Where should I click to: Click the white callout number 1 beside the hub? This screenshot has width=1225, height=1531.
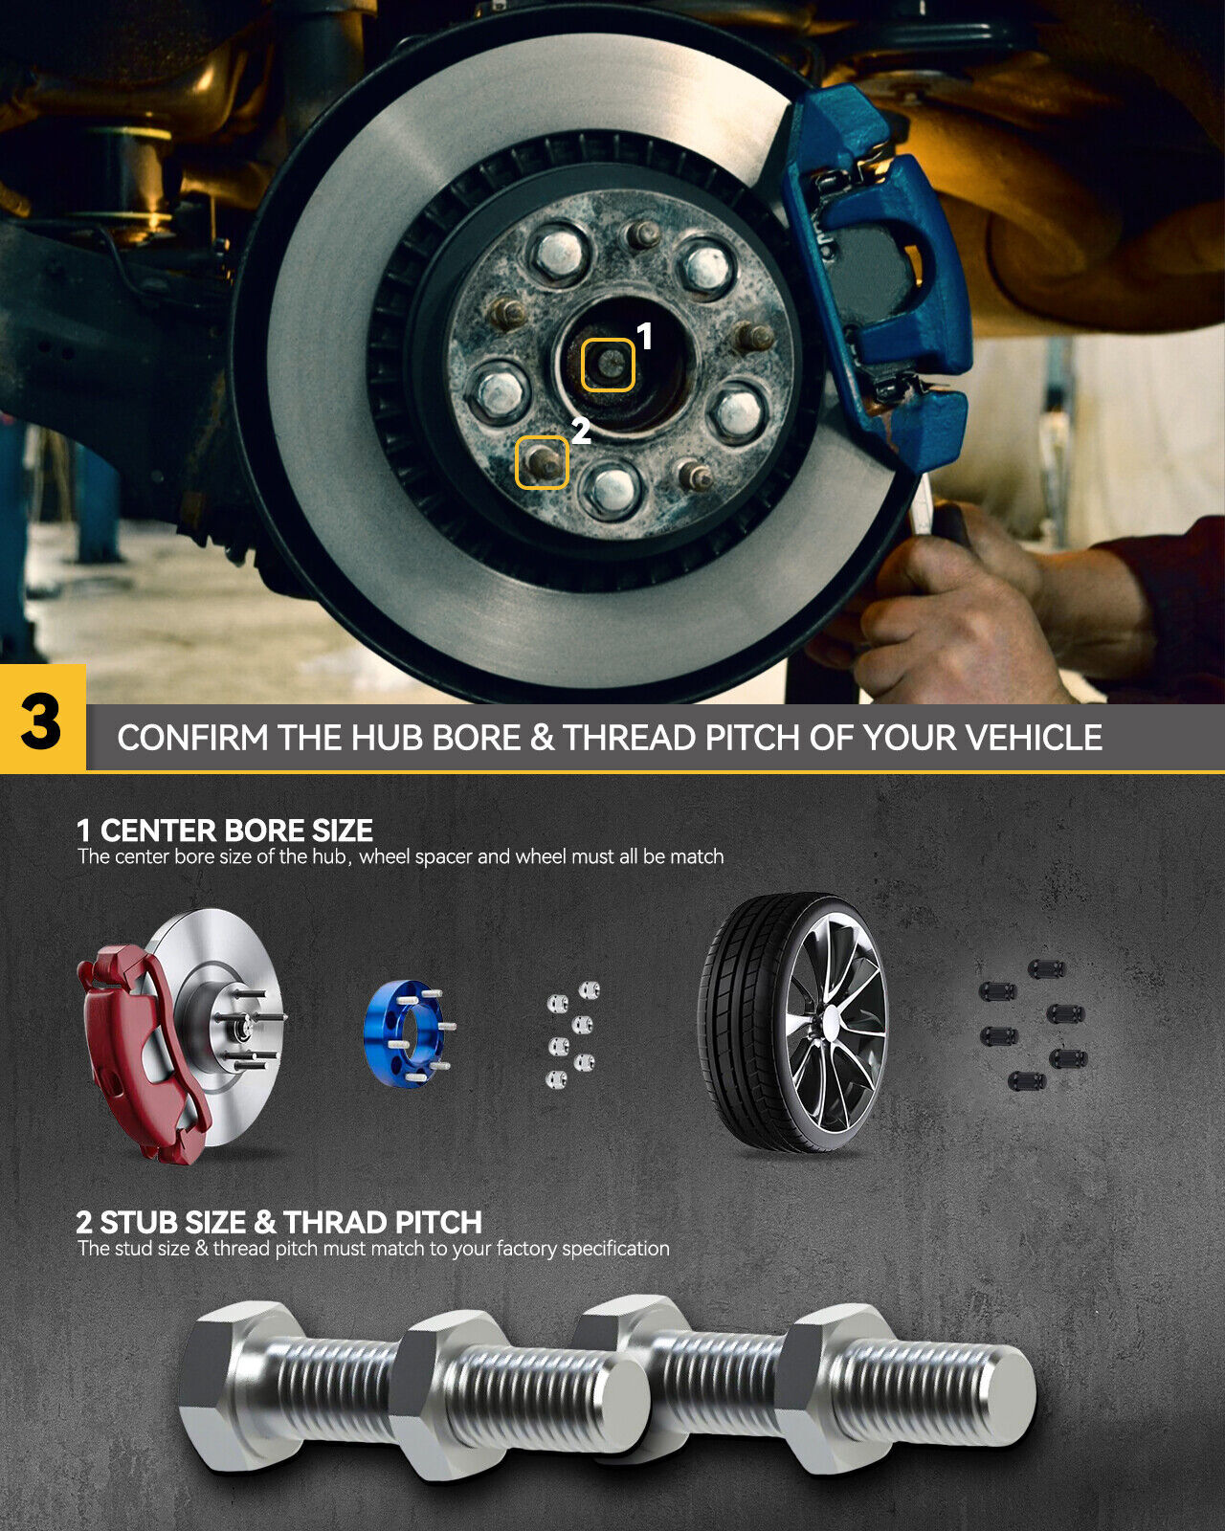(644, 336)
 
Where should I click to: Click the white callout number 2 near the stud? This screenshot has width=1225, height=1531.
(581, 431)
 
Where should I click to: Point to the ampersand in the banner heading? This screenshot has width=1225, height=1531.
(542, 738)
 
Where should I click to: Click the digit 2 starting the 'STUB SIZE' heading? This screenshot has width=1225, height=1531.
(84, 1222)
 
